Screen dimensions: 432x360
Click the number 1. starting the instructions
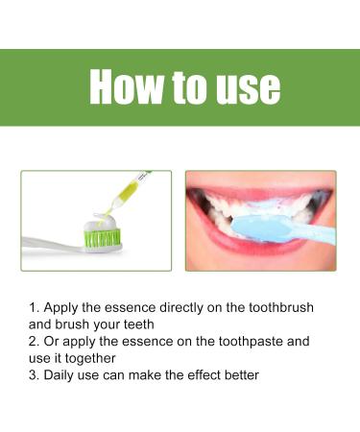(x=36, y=307)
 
